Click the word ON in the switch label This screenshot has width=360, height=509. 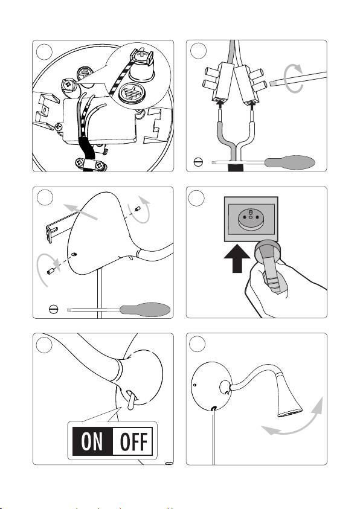[92, 441]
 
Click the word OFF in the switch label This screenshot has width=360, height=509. [133, 441]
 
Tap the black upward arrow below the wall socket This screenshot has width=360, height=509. [237, 258]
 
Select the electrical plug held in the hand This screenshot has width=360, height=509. [269, 264]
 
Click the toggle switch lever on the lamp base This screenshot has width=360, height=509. [131, 400]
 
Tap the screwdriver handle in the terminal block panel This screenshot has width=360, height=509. [289, 162]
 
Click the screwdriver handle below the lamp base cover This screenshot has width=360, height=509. [145, 310]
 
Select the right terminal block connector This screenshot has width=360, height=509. [249, 85]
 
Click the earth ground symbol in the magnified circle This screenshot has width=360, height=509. [132, 92]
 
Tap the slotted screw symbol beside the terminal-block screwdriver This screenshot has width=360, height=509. [198, 162]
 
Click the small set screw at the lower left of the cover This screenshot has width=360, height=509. [51, 271]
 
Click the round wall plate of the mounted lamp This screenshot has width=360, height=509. [211, 386]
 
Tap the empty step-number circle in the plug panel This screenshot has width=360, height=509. [196, 198]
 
